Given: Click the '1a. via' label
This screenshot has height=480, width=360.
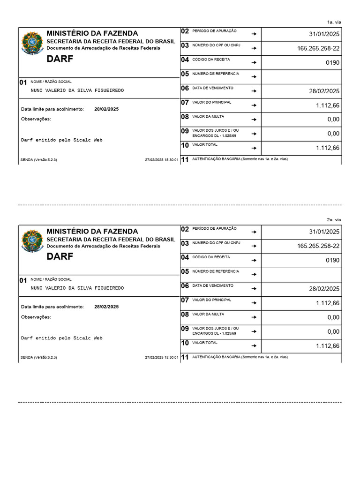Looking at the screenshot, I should (x=334, y=22).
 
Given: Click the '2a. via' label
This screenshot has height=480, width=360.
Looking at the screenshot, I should (x=334, y=220).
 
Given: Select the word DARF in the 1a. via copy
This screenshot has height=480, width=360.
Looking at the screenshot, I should (x=60, y=59).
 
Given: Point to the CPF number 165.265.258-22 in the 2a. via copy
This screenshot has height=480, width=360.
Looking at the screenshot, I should (x=318, y=246).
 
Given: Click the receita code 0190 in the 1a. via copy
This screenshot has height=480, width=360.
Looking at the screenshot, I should (x=332, y=62).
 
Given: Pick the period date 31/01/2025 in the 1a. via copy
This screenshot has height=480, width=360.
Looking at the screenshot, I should (x=324, y=34).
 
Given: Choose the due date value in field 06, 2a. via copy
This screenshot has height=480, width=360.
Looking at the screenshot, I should (x=324, y=289).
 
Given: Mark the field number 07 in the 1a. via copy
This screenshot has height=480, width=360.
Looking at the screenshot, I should (x=185, y=102).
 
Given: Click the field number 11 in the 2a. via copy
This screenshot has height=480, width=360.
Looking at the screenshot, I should (x=185, y=357).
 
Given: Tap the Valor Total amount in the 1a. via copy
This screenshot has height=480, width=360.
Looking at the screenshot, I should (x=328, y=148).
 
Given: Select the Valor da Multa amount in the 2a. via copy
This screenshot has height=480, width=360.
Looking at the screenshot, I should (x=333, y=317).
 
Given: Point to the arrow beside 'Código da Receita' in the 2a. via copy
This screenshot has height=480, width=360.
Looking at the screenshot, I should (x=254, y=260).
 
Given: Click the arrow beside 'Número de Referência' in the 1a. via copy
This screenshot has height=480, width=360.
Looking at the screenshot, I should (x=254, y=76).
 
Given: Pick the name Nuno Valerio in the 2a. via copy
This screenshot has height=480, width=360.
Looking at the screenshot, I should (x=77, y=288).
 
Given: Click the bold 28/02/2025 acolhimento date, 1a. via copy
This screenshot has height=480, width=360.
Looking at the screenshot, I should (x=106, y=109).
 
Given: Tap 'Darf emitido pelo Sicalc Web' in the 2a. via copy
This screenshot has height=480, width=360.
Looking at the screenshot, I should (x=61, y=337).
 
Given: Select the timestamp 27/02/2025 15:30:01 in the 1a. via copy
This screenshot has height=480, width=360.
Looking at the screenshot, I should (x=162, y=160).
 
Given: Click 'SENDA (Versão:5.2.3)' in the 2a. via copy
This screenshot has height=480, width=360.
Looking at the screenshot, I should (x=39, y=358).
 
